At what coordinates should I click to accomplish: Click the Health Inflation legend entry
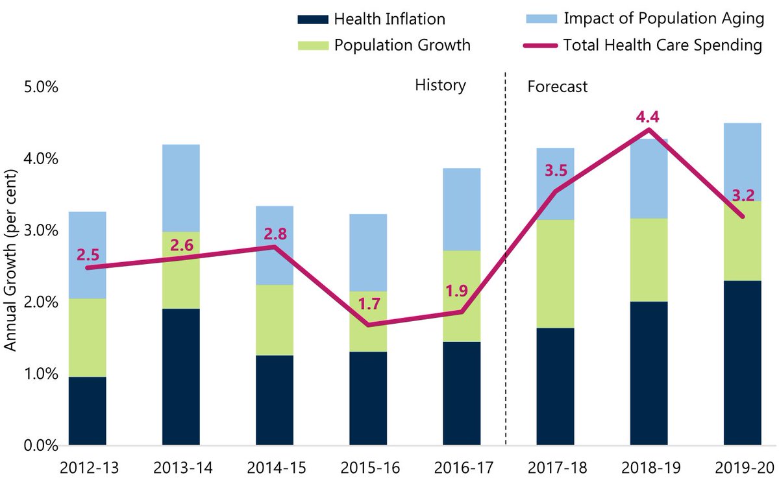389,19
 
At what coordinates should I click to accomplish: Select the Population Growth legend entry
402,45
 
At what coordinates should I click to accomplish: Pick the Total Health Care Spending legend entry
662,45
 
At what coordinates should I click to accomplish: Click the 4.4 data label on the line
648,117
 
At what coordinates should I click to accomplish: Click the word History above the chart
440,86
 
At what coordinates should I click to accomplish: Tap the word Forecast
557,86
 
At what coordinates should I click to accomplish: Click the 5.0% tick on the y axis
41,87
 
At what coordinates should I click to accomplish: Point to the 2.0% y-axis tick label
41,302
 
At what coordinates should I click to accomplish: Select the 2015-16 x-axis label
367,467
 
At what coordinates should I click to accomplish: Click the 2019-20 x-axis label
741,467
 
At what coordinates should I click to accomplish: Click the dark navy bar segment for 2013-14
180,376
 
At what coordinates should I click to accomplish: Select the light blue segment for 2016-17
462,210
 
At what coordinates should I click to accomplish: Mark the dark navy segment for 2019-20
742,363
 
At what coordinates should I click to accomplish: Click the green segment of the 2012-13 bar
88,337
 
